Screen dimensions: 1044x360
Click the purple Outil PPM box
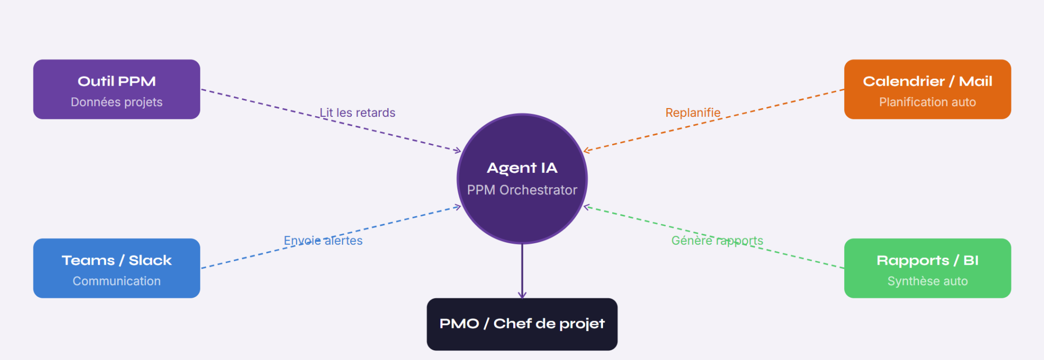pos(117,89)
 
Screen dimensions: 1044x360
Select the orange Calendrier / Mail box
pos(928,89)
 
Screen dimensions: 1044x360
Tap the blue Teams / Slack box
pos(117,268)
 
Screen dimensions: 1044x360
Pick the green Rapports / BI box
pos(928,268)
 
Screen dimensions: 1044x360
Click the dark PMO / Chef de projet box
pos(522,324)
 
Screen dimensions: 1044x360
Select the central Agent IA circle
pos(522,178)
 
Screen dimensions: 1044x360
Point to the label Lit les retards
pos(357,113)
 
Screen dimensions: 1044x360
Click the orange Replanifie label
pos(693,113)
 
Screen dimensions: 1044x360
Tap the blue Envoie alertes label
pos(323,241)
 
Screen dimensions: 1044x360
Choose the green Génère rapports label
pos(717,241)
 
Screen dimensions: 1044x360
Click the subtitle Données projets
pos(117,102)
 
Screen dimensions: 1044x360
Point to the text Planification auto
pos(928,102)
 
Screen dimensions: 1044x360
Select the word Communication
pos(117,281)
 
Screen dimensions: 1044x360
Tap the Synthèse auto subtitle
pos(928,281)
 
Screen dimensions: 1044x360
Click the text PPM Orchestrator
pos(522,190)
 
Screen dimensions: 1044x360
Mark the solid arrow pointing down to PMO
pos(522,271)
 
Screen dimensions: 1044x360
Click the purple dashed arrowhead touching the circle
pos(458,150)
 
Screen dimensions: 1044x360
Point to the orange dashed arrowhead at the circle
pos(587,150)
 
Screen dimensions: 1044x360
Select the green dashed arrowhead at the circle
pos(587,207)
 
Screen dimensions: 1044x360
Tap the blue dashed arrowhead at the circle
pos(458,207)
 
